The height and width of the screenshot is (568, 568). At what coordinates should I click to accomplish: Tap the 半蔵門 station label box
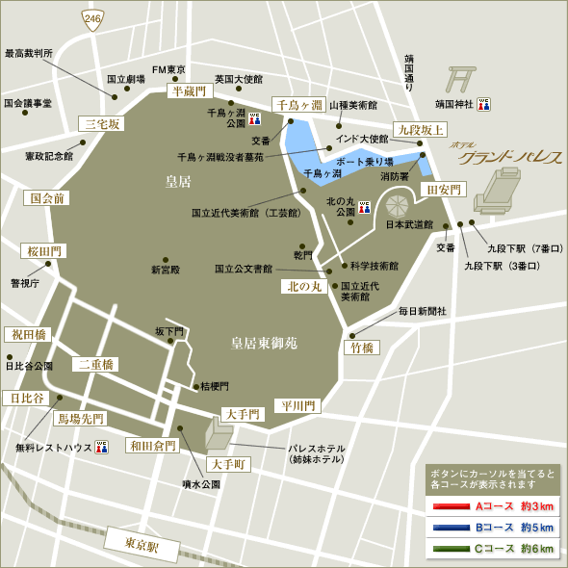(x=189, y=90)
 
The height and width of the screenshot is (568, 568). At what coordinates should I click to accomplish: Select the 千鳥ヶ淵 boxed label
(x=296, y=105)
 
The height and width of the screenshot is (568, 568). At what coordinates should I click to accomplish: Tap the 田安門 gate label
(x=445, y=189)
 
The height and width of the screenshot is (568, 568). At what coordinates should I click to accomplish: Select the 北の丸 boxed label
(x=304, y=286)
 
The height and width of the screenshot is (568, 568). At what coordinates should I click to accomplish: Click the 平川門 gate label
(x=297, y=405)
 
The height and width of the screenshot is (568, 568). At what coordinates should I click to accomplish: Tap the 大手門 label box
(x=241, y=414)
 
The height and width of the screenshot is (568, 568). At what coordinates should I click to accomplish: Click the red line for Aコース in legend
(x=451, y=506)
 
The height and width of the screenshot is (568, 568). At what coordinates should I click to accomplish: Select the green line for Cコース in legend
(x=451, y=549)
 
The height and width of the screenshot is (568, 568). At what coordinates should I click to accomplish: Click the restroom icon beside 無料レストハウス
(x=102, y=447)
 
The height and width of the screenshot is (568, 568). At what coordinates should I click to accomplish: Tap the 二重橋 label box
(x=96, y=364)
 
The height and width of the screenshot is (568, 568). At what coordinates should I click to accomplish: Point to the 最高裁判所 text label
(x=29, y=54)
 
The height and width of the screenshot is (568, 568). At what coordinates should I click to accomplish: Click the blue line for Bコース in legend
(x=451, y=528)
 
